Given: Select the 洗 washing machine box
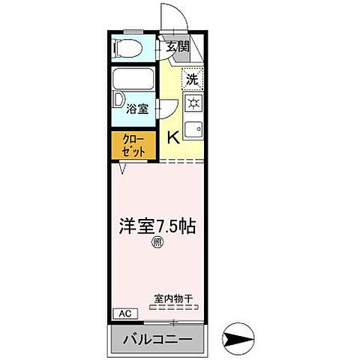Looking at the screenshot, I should point(192,78).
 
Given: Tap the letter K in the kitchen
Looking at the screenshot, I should point(172,136).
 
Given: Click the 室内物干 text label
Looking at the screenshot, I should point(174,298).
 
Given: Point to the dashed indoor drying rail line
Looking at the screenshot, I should point(174,306).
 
